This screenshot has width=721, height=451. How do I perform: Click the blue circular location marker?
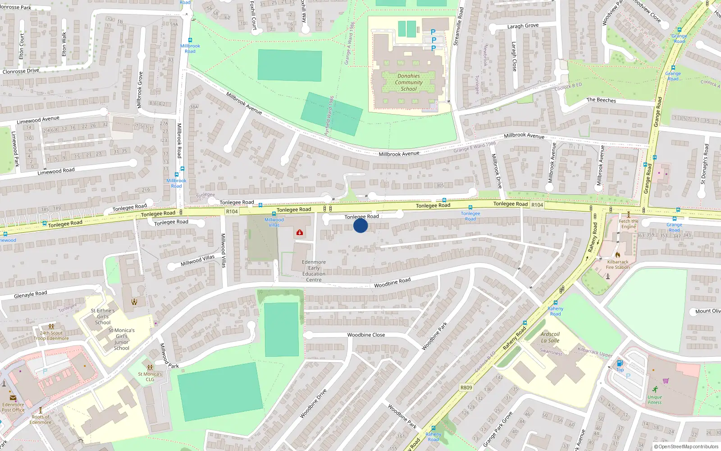(360, 225)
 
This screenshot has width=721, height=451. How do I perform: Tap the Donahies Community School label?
(409, 83)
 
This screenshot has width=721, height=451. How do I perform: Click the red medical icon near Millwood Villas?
(299, 232)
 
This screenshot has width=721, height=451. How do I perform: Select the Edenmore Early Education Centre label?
(314, 271)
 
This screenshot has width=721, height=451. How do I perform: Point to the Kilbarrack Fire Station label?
(618, 264)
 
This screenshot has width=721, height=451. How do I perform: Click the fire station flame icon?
(617, 255)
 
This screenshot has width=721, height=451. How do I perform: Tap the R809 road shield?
(466, 387)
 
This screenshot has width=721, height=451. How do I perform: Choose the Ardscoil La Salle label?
(550, 337)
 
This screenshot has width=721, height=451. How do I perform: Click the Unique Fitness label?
(655, 400)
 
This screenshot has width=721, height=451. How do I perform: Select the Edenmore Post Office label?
(13, 407)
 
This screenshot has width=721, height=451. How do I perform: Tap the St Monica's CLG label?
(150, 377)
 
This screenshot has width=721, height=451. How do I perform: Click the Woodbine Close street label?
(366, 335)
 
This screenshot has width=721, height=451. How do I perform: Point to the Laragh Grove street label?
(523, 26)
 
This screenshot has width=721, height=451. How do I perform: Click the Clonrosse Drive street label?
(21, 71)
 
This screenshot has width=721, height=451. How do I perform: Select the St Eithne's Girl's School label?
(103, 317)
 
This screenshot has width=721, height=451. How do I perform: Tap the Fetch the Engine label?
(629, 224)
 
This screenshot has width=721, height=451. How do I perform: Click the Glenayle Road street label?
(31, 295)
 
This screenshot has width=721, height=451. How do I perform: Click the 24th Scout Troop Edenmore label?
(51, 336)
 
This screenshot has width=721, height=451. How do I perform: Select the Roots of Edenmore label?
(41, 419)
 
